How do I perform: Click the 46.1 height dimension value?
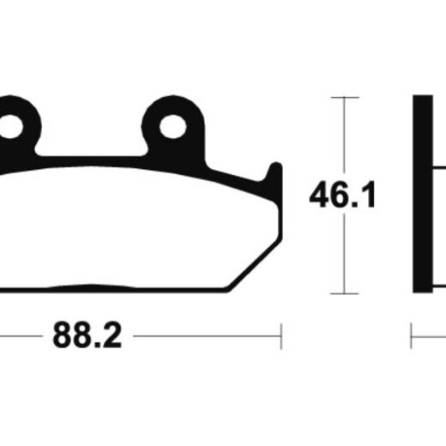[342, 195]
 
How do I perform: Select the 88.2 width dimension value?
[87, 334]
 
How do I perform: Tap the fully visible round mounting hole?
[173, 127]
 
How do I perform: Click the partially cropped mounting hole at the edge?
[11, 127]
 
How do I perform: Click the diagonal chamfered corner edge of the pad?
[254, 264]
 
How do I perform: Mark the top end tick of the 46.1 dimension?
[345, 98]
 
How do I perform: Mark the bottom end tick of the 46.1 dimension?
[345, 293]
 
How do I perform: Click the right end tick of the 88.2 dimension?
[281, 336]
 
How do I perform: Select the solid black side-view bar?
[423, 194]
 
